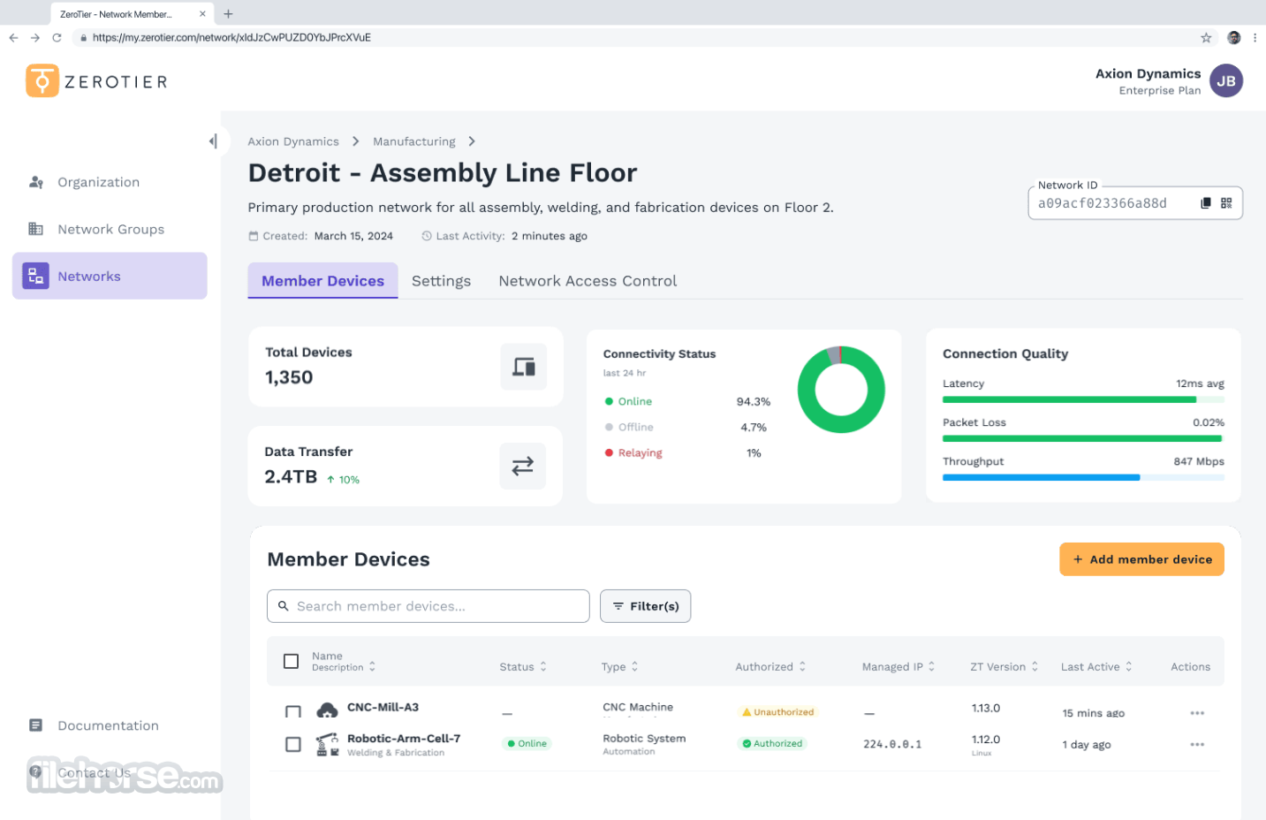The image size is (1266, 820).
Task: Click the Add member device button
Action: point(1141,559)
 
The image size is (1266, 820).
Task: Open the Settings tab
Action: point(441,281)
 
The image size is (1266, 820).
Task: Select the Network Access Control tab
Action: point(588,281)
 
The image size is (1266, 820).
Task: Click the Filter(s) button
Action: point(645,606)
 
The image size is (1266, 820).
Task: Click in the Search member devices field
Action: point(428,606)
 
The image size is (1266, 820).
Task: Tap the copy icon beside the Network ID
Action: point(1205,203)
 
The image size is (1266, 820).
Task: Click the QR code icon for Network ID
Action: point(1226,203)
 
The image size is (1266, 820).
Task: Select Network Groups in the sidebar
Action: point(110,229)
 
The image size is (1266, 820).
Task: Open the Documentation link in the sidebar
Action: point(108,725)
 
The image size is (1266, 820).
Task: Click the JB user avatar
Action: point(1226,80)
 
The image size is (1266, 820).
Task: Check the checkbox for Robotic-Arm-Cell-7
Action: point(292,744)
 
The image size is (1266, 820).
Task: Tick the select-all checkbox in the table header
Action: point(291,661)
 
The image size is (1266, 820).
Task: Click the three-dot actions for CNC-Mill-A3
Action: point(1196,712)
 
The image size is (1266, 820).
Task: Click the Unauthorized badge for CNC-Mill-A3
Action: point(777,712)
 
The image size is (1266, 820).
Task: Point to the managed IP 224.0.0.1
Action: point(891,744)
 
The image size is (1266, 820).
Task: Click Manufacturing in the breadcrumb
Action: point(413,141)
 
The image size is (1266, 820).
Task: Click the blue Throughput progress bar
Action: point(1041,477)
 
